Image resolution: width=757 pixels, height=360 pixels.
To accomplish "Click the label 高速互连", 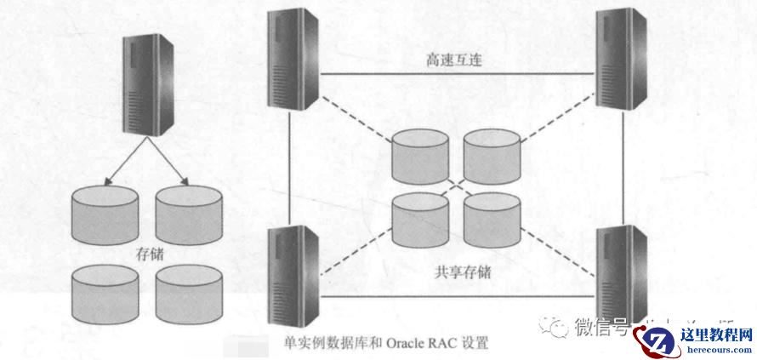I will click(455, 60).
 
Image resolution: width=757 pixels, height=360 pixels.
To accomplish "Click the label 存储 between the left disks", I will click(150, 253).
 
